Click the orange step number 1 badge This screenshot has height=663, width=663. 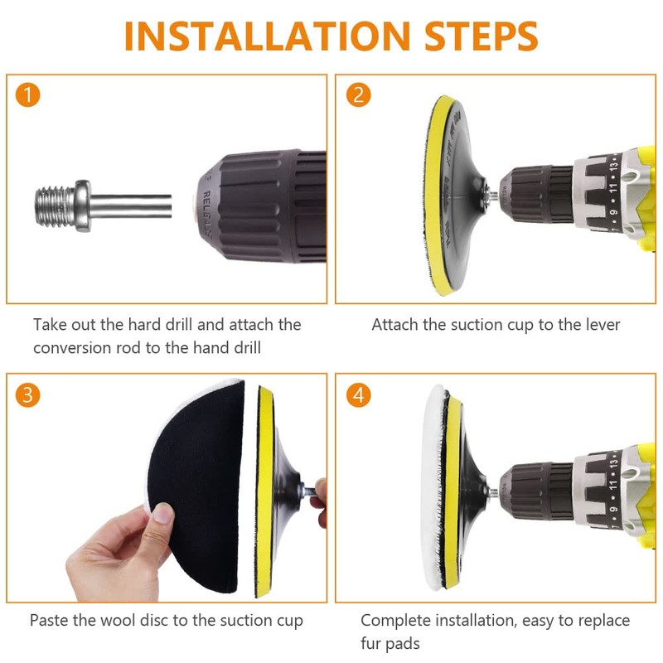coord(27,94)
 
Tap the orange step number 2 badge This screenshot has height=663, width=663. coord(357,94)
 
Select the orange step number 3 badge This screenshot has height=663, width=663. coord(27,394)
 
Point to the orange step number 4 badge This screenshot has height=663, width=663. coord(357,394)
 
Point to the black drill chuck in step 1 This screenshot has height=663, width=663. coord(257,206)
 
